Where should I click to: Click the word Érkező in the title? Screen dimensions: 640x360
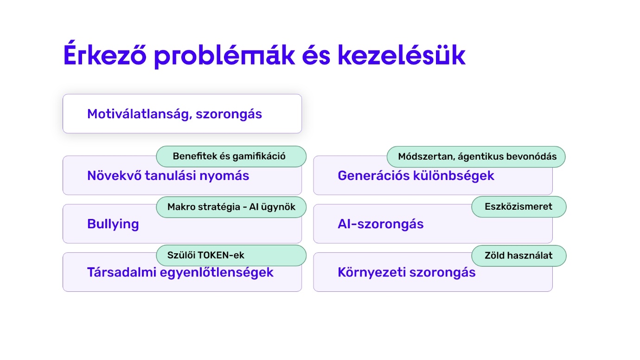[x=105, y=53]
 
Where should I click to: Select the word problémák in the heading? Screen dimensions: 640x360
[x=224, y=55]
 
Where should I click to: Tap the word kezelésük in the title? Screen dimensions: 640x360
[x=402, y=54]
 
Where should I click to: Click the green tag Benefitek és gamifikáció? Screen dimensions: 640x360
[x=231, y=156]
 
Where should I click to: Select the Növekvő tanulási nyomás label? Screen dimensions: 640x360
[x=168, y=176]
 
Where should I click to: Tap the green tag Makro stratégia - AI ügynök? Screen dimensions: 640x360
[x=231, y=207]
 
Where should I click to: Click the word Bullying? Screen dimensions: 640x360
[x=113, y=224]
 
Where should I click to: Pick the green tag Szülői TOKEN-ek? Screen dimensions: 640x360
[x=231, y=256]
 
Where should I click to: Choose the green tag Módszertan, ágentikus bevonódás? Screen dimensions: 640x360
[x=476, y=157]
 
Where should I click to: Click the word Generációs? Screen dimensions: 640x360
[x=373, y=176]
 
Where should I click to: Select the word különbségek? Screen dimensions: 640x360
[x=454, y=176]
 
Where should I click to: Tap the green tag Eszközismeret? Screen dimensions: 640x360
[x=519, y=207]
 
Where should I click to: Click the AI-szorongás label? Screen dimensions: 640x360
[x=381, y=224]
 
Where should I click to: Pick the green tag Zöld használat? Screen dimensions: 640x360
[x=519, y=256]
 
